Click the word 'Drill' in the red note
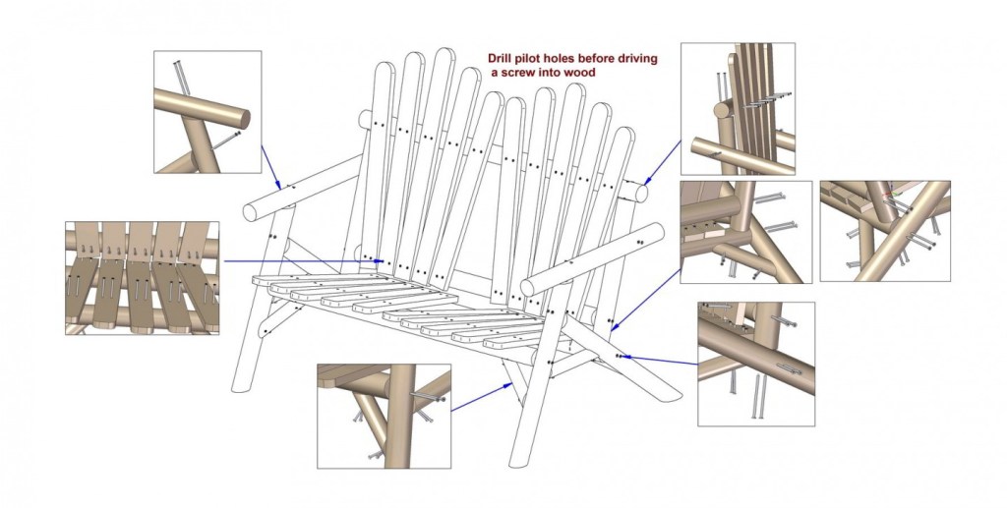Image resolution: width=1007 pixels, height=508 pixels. pyautogui.click(x=501, y=59)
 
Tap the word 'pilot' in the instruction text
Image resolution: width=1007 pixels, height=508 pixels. pyautogui.click(x=530, y=59)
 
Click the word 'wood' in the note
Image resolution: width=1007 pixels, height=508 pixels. pyautogui.click(x=580, y=73)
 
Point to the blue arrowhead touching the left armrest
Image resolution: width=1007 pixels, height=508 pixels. pyautogui.click(x=278, y=185)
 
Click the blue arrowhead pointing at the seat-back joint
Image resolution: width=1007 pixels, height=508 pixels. pyautogui.click(x=381, y=261)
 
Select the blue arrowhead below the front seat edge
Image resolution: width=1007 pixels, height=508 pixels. pyautogui.click(x=510, y=385)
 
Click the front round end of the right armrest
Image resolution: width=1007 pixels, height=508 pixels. pyautogui.click(x=527, y=287)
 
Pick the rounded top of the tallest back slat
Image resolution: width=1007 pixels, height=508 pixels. pyautogui.click(x=444, y=56)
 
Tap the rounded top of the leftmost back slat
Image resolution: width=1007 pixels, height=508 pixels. pyautogui.click(x=385, y=69)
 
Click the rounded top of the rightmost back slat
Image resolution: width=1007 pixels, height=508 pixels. pyautogui.click(x=623, y=134)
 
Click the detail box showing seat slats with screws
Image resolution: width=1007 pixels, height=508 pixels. pyautogui.click(x=142, y=278)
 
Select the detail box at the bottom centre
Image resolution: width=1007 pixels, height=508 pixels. pyautogui.click(x=385, y=417)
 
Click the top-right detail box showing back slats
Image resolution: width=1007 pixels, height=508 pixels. pyautogui.click(x=738, y=109)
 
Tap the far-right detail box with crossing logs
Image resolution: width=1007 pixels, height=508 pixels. pyautogui.click(x=885, y=231)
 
